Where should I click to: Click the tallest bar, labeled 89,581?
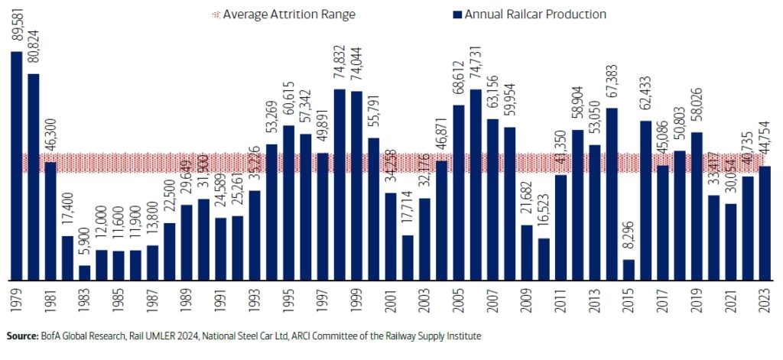(x=16, y=165)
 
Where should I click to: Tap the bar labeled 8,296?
(x=629, y=269)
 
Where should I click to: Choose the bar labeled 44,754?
(x=765, y=222)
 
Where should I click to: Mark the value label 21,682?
(x=527, y=203)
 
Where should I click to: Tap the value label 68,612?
(x=459, y=83)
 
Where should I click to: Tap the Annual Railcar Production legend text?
(x=535, y=15)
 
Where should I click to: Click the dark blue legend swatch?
(x=456, y=15)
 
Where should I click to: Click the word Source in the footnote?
(x=22, y=336)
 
